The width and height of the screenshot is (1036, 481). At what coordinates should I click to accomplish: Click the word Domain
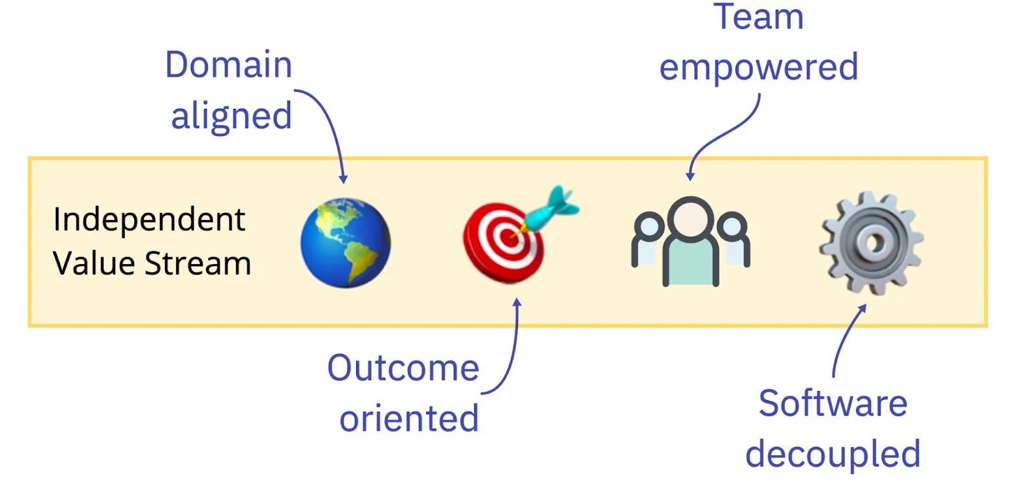pyautogui.click(x=229, y=65)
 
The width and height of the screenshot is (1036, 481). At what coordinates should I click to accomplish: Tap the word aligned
pyautogui.click(x=231, y=117)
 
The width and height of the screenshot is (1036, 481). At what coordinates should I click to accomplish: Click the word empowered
pyautogui.click(x=759, y=67)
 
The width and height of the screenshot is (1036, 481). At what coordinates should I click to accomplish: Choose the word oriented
pyautogui.click(x=409, y=418)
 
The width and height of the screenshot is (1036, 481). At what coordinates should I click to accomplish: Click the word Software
pyautogui.click(x=833, y=403)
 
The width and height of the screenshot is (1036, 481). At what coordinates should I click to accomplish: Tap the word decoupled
pyautogui.click(x=833, y=454)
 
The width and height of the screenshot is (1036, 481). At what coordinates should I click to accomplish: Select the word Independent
pyautogui.click(x=149, y=219)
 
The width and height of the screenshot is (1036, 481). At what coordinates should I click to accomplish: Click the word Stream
pyautogui.click(x=197, y=263)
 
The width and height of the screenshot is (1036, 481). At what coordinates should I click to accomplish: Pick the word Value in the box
pyautogui.click(x=95, y=263)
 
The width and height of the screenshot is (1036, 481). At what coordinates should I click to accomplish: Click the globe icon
pyautogui.click(x=345, y=243)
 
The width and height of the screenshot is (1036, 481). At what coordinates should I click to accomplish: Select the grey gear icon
pyautogui.click(x=871, y=243)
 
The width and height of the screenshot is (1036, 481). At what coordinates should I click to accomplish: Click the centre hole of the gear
pyautogui.click(x=873, y=243)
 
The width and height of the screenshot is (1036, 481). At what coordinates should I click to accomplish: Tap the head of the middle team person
pyautogui.click(x=690, y=218)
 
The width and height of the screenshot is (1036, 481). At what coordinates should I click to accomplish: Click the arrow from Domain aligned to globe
pyautogui.click(x=330, y=123)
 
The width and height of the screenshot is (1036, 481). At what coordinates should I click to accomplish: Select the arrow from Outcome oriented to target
pyautogui.click(x=513, y=350)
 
